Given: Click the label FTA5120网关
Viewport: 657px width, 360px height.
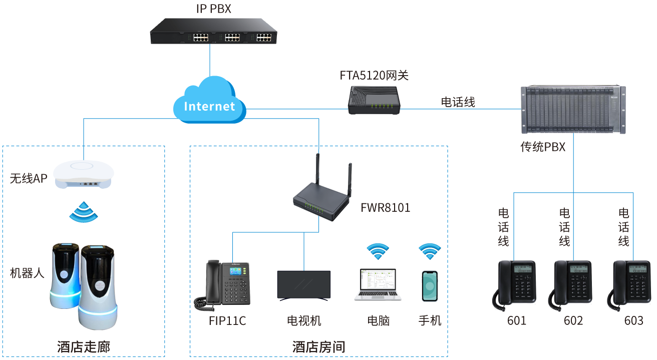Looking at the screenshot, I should pyautogui.click(x=374, y=76).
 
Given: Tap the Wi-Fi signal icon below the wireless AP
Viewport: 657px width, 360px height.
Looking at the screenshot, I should pyautogui.click(x=84, y=212).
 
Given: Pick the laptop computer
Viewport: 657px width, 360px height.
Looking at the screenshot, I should pyautogui.click(x=378, y=285).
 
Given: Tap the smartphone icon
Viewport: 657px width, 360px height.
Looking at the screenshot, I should pyautogui.click(x=430, y=286).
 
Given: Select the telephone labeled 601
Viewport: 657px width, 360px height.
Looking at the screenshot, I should pyautogui.click(x=515, y=283).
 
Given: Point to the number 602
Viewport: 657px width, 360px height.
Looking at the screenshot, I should pyautogui.click(x=573, y=321).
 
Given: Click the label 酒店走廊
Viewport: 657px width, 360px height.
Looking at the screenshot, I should pyautogui.click(x=84, y=347).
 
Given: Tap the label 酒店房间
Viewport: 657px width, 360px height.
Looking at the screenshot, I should pyautogui.click(x=318, y=347).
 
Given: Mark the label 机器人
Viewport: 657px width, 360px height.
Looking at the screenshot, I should pyautogui.click(x=28, y=273).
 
